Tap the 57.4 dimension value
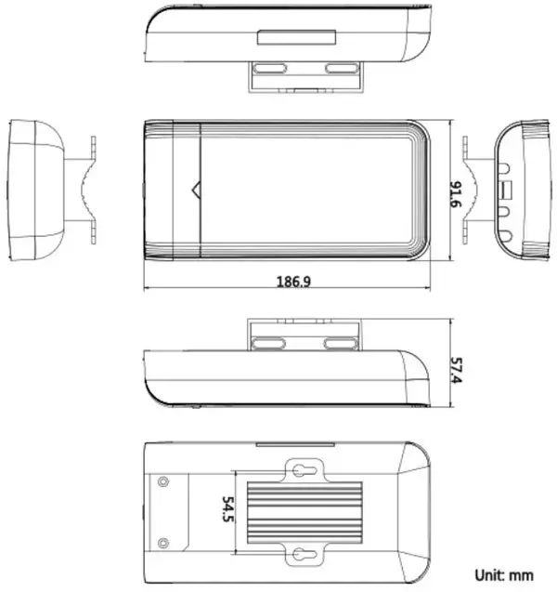(x=457, y=369)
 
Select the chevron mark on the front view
(x=195, y=191)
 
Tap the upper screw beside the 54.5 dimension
(x=163, y=481)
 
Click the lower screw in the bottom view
(x=163, y=543)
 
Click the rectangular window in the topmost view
(x=296, y=38)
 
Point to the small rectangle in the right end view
(x=507, y=190)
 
